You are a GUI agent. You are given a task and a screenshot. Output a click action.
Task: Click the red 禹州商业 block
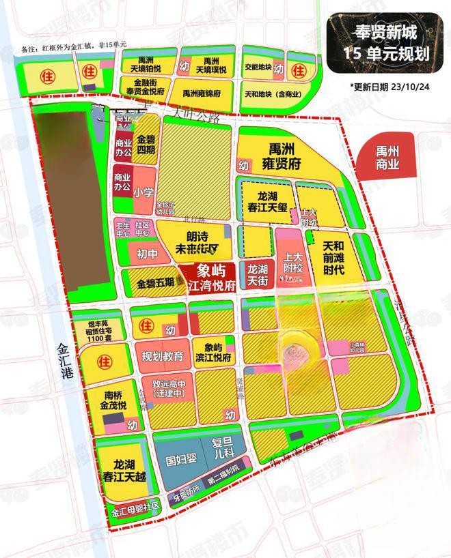tap(387, 158)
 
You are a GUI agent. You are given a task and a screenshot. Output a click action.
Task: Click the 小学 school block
tap(143, 193)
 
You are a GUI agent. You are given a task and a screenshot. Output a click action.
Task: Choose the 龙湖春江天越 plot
tap(121, 471)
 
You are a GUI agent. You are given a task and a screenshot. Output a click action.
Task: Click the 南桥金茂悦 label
tap(111, 400)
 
